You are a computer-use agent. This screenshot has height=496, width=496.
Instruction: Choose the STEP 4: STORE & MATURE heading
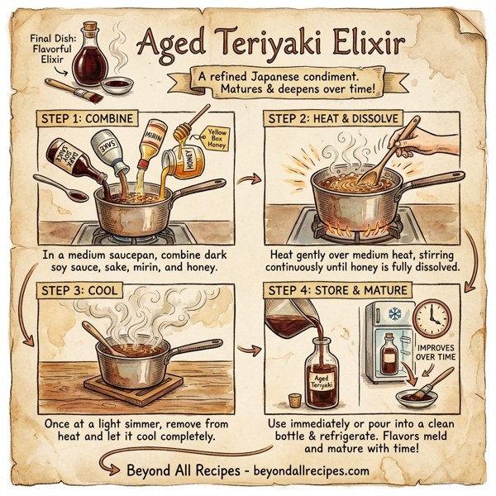[x=336, y=290]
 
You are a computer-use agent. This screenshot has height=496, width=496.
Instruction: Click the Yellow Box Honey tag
[x=217, y=136]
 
